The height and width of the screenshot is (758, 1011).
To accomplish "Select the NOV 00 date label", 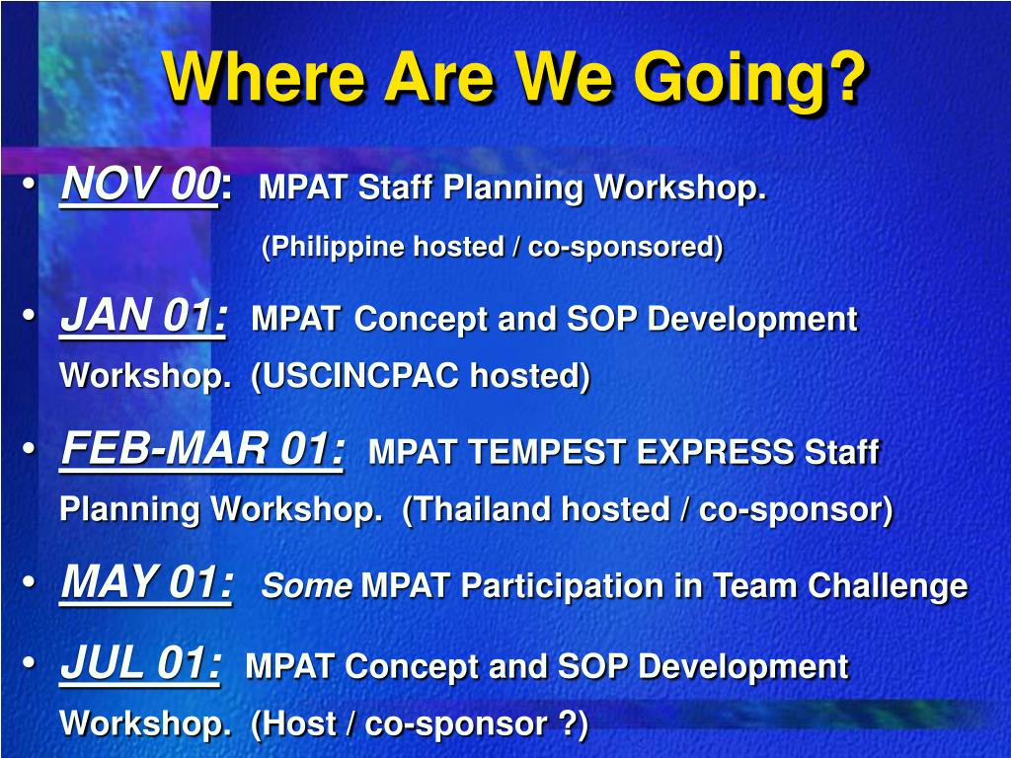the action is coord(140,185).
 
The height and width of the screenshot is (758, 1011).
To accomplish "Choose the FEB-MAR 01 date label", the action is coord(201,449).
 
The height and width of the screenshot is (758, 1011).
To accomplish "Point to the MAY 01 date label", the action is coord(146,582).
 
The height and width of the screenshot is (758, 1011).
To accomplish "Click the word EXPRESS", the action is coord(715,451).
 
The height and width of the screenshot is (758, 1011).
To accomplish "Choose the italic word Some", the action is coord(306,586).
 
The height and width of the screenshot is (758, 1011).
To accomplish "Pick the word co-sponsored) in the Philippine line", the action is coord(625,248).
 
